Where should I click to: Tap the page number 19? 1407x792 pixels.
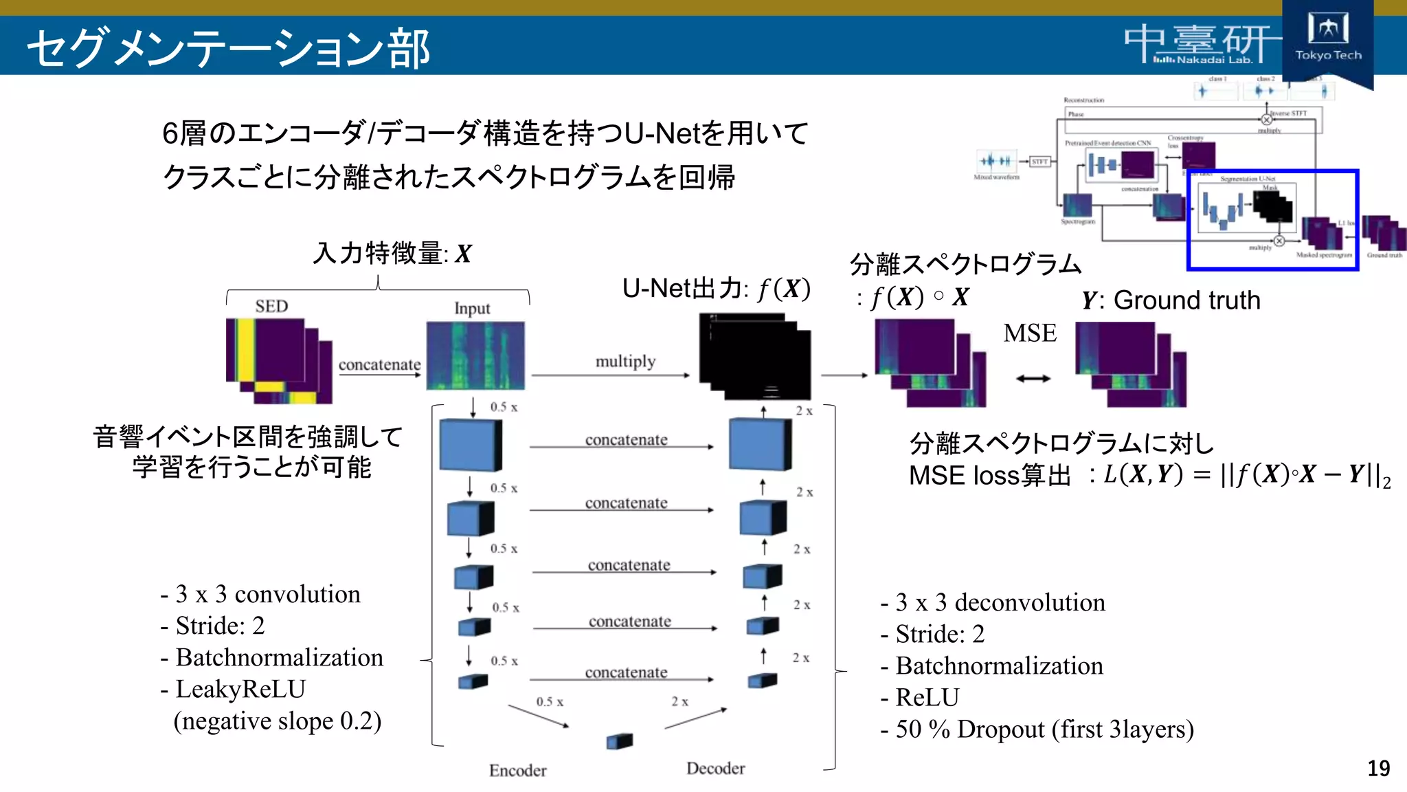[1378, 768]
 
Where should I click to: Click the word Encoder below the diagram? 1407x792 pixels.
[517, 770]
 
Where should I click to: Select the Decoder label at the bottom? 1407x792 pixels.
[715, 768]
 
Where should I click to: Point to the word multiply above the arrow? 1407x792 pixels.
[625, 361]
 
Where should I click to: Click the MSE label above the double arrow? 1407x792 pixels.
[1029, 333]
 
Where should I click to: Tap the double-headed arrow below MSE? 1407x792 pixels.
[1033, 378]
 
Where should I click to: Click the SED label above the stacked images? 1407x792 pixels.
[271, 307]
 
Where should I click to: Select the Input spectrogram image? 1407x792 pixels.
[475, 355]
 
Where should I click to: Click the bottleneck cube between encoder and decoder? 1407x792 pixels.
[619, 741]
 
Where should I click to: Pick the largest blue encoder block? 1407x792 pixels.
[471, 445]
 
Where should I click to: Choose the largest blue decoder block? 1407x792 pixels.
[760, 445]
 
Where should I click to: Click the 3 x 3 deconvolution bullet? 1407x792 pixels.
[1000, 602]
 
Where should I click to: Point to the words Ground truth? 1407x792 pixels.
[1186, 300]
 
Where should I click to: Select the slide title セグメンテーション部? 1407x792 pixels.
[228, 48]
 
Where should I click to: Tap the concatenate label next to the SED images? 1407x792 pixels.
[379, 364]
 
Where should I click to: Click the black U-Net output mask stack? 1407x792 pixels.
[754, 356]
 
